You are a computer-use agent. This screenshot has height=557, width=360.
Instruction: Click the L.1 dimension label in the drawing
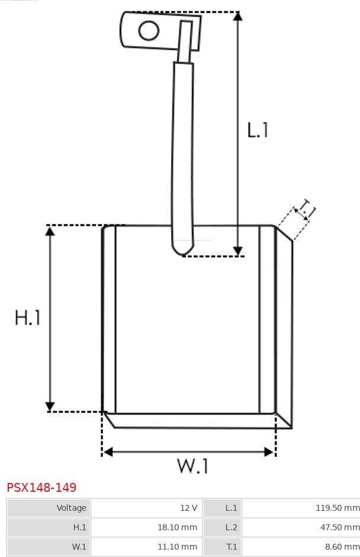click(258, 130)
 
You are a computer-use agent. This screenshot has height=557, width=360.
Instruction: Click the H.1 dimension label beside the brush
click(28, 317)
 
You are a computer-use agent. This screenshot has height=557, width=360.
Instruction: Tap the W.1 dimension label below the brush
click(192, 466)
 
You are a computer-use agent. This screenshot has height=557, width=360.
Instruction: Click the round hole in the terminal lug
click(149, 30)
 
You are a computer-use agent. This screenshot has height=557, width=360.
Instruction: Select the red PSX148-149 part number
click(41, 487)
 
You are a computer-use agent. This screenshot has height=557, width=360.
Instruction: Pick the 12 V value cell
click(147, 508)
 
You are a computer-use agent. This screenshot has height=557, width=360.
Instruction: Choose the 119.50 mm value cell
click(301, 508)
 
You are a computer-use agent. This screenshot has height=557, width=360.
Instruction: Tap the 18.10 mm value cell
click(147, 527)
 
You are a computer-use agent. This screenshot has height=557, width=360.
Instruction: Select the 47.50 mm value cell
click(301, 527)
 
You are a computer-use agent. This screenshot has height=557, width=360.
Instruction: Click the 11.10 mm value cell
click(147, 547)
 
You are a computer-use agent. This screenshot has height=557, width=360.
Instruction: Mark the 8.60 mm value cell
click(301, 547)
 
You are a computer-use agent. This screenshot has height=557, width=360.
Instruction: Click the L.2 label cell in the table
click(222, 527)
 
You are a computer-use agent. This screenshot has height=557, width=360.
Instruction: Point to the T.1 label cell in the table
click(222, 547)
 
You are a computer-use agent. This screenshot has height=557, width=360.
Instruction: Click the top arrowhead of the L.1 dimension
click(238, 16)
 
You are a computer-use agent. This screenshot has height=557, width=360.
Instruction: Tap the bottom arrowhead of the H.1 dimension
click(50, 406)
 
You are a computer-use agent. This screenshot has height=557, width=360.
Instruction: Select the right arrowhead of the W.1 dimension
click(269, 452)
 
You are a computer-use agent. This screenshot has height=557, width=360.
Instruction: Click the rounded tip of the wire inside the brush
click(182, 251)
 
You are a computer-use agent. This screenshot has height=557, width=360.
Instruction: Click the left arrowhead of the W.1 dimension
click(108, 452)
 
